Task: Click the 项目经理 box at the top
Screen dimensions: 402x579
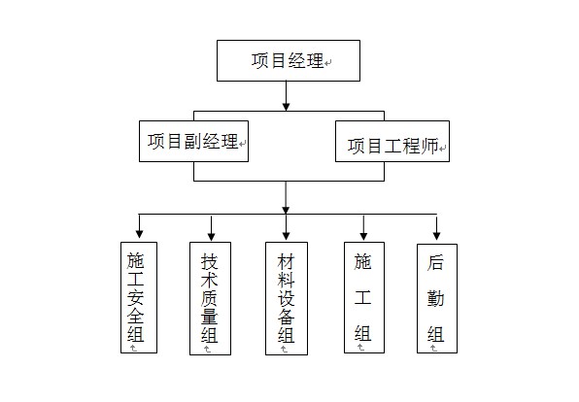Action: [288, 60]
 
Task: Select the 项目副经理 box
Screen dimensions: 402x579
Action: [193, 141]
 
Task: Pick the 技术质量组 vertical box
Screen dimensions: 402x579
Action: [210, 299]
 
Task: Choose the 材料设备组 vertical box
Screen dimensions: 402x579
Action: [286, 299]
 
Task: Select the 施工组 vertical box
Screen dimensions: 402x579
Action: [363, 298]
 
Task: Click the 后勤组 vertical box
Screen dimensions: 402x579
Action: [436, 298]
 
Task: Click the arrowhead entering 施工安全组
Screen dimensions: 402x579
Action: [139, 233]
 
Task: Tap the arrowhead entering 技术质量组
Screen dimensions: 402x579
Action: [211, 233]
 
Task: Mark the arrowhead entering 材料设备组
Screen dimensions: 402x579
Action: [286, 234]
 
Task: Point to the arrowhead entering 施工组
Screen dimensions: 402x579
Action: [363, 234]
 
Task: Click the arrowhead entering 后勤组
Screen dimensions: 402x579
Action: [436, 234]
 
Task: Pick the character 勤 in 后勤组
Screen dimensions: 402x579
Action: [436, 298]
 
